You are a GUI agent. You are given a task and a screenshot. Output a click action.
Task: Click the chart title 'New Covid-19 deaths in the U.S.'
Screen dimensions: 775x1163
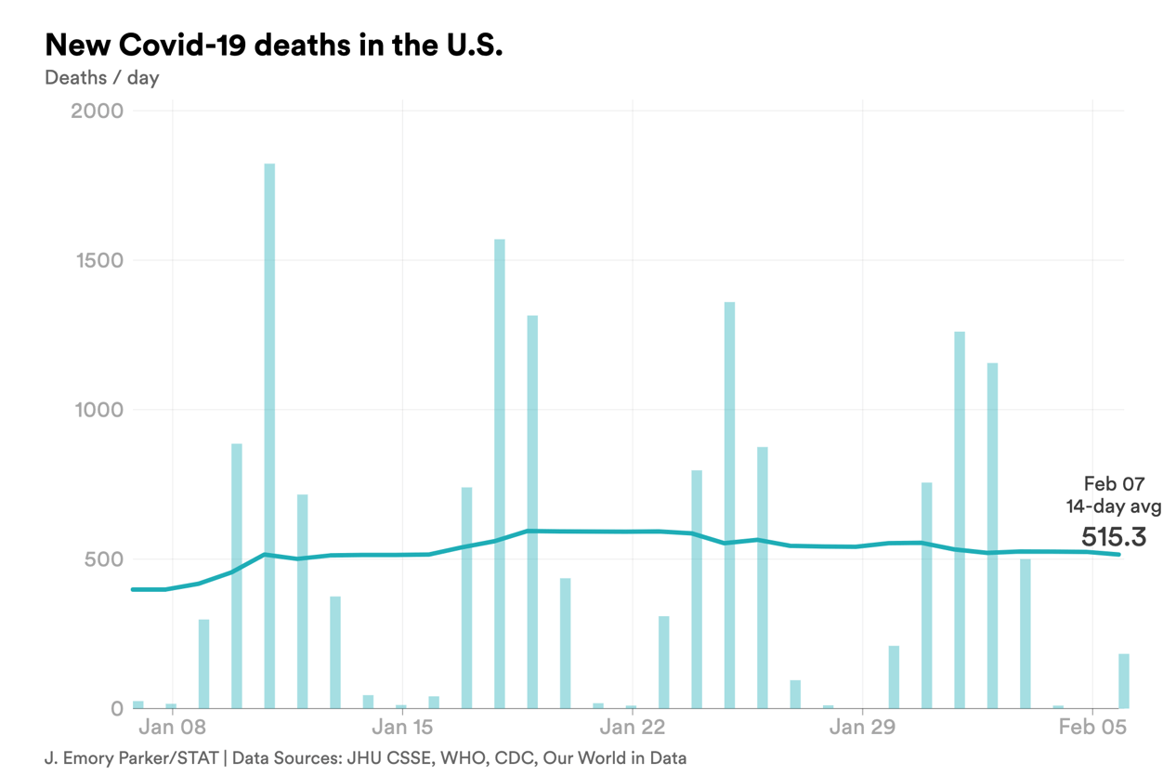(x=274, y=44)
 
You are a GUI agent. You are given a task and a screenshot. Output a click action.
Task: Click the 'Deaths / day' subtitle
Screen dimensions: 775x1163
(x=102, y=78)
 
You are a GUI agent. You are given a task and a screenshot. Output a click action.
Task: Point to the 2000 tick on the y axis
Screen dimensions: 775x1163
(x=97, y=112)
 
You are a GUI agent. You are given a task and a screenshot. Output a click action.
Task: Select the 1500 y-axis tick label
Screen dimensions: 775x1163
(x=98, y=261)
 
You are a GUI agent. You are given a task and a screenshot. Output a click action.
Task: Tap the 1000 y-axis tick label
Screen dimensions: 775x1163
(x=98, y=410)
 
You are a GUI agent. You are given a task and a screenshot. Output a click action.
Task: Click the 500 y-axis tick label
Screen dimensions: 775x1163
(x=103, y=559)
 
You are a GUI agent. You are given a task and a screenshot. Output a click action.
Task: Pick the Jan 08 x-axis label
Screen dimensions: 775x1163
(x=172, y=727)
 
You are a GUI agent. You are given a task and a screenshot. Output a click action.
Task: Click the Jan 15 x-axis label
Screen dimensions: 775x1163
(x=402, y=727)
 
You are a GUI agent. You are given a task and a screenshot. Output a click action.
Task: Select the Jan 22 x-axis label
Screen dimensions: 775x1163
(x=633, y=727)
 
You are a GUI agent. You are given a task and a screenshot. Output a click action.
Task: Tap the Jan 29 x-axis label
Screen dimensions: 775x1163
(x=862, y=727)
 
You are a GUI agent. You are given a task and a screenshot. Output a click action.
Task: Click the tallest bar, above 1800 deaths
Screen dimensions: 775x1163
(x=269, y=437)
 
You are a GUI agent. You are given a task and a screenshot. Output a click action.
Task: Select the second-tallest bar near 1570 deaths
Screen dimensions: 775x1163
(x=500, y=474)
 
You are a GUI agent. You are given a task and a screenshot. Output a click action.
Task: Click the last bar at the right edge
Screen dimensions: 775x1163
(x=1124, y=681)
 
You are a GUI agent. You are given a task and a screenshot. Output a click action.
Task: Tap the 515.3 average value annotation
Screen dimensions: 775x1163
(x=1113, y=537)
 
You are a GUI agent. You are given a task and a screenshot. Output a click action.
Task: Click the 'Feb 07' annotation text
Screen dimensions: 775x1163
(x=1114, y=484)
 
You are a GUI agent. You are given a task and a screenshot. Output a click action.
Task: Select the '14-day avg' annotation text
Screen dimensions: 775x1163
(x=1112, y=507)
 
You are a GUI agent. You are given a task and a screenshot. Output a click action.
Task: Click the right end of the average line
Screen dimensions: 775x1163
(x=1118, y=555)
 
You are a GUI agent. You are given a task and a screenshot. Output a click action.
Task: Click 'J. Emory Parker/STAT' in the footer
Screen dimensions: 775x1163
(x=131, y=758)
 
